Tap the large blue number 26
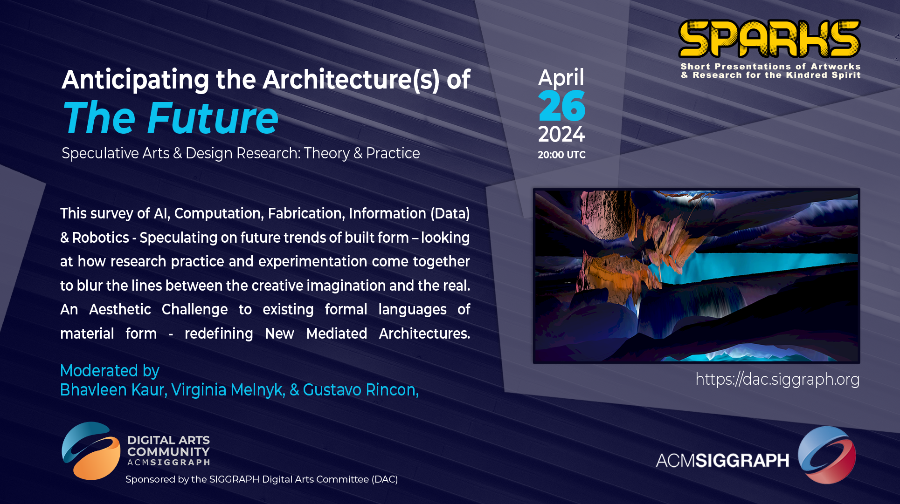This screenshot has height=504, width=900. [x=561, y=106]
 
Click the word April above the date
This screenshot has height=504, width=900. [x=561, y=78]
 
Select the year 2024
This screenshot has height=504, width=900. [x=561, y=135]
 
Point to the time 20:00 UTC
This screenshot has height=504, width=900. [x=561, y=155]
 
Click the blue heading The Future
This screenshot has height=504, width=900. [x=171, y=118]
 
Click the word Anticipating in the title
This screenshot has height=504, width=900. [x=136, y=80]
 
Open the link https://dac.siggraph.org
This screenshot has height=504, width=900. [x=777, y=380]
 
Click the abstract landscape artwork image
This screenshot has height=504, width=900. [x=696, y=276]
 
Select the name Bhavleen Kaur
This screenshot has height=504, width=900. [x=114, y=390]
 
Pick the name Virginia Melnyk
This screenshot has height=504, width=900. [x=228, y=390]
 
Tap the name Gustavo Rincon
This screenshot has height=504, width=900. [x=360, y=390]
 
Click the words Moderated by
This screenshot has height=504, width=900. [x=110, y=371]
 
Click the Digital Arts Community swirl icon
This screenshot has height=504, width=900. [x=91, y=451]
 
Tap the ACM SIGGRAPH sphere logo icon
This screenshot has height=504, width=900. [x=827, y=455]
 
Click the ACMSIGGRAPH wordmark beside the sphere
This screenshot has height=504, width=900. [x=722, y=461]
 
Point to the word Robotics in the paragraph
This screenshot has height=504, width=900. [x=101, y=238]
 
